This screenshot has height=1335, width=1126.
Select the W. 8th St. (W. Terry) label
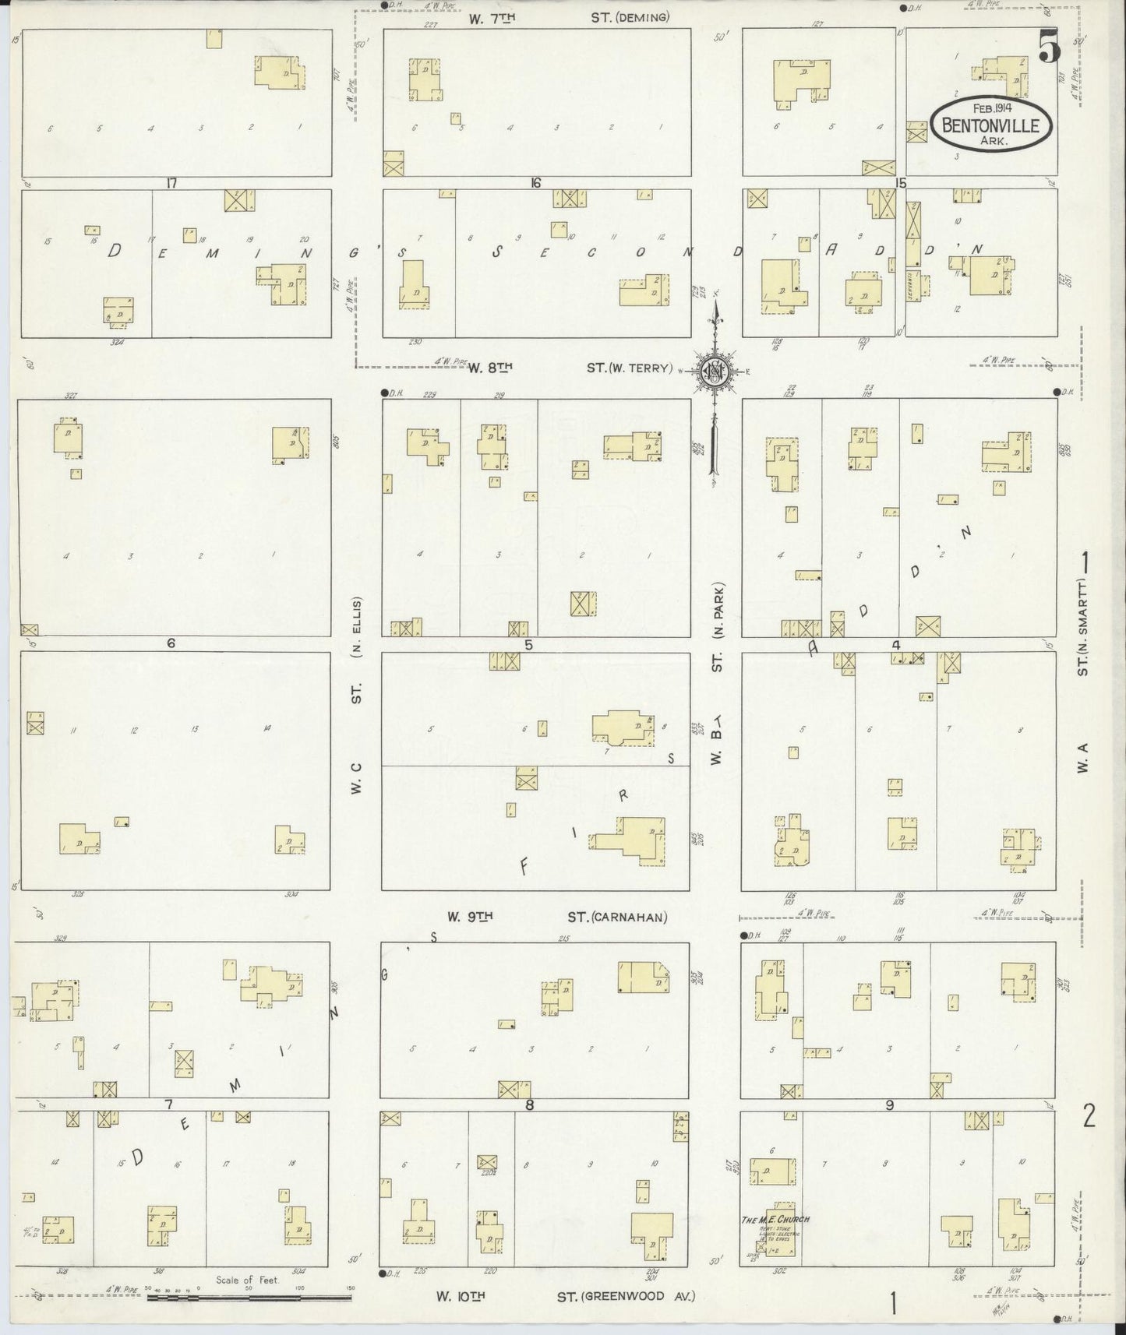pos(569,368)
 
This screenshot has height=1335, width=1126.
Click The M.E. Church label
pos(775,1219)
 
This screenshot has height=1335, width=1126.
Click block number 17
pos(171,184)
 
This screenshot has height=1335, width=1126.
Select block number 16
pos(535,184)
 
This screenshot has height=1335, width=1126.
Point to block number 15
pos(902,184)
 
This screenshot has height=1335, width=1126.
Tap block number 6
pos(170,643)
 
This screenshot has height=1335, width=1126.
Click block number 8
pos(530,1104)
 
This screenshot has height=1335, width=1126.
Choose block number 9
pos(889,1104)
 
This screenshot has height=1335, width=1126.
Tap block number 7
pos(168,1104)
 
